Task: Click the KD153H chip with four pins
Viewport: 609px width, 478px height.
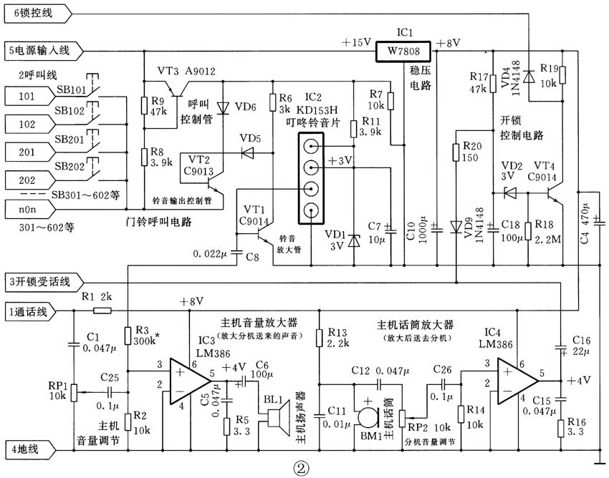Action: coord(311,179)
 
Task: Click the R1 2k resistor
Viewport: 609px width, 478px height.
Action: coord(102,311)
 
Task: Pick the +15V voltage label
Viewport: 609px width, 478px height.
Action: coord(356,42)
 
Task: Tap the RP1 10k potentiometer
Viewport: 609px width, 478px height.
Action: coord(73,392)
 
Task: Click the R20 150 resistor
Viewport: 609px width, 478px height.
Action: coord(456,153)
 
